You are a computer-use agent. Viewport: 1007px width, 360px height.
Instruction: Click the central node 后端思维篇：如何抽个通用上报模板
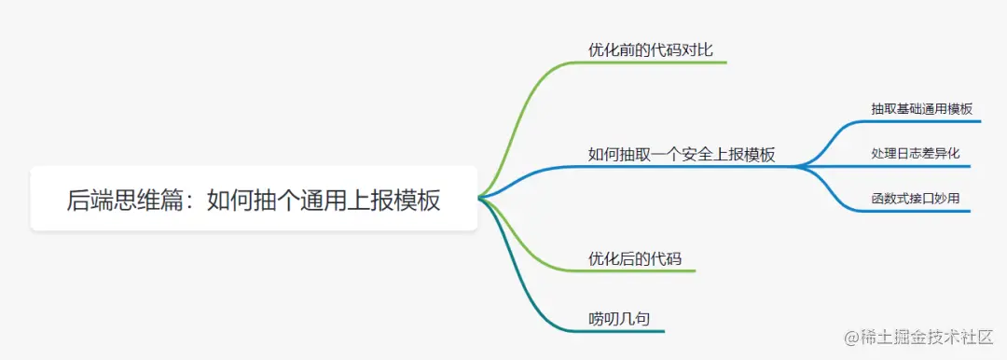click(x=254, y=199)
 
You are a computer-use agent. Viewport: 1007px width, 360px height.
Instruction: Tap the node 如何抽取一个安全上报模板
click(x=682, y=155)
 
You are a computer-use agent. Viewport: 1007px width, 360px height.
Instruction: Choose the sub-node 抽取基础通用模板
click(x=921, y=109)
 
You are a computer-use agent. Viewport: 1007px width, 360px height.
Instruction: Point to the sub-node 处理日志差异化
click(x=915, y=153)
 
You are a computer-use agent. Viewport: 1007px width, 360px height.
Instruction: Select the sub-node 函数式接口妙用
click(x=915, y=198)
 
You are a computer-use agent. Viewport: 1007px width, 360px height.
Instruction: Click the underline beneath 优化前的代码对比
click(x=653, y=62)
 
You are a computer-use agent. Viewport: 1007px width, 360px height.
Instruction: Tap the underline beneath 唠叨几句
click(x=625, y=331)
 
